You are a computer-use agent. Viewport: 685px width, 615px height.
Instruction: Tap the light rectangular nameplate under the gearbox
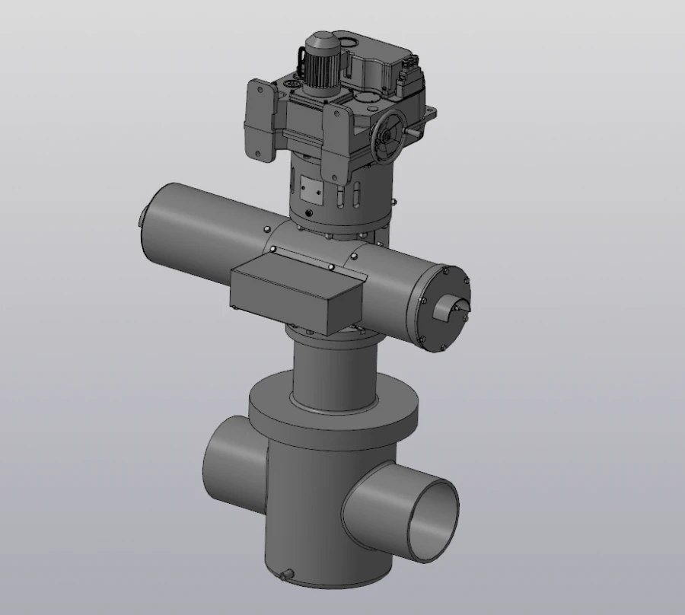tap(310, 186)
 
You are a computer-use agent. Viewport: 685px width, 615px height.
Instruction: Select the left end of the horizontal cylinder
tap(152, 221)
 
